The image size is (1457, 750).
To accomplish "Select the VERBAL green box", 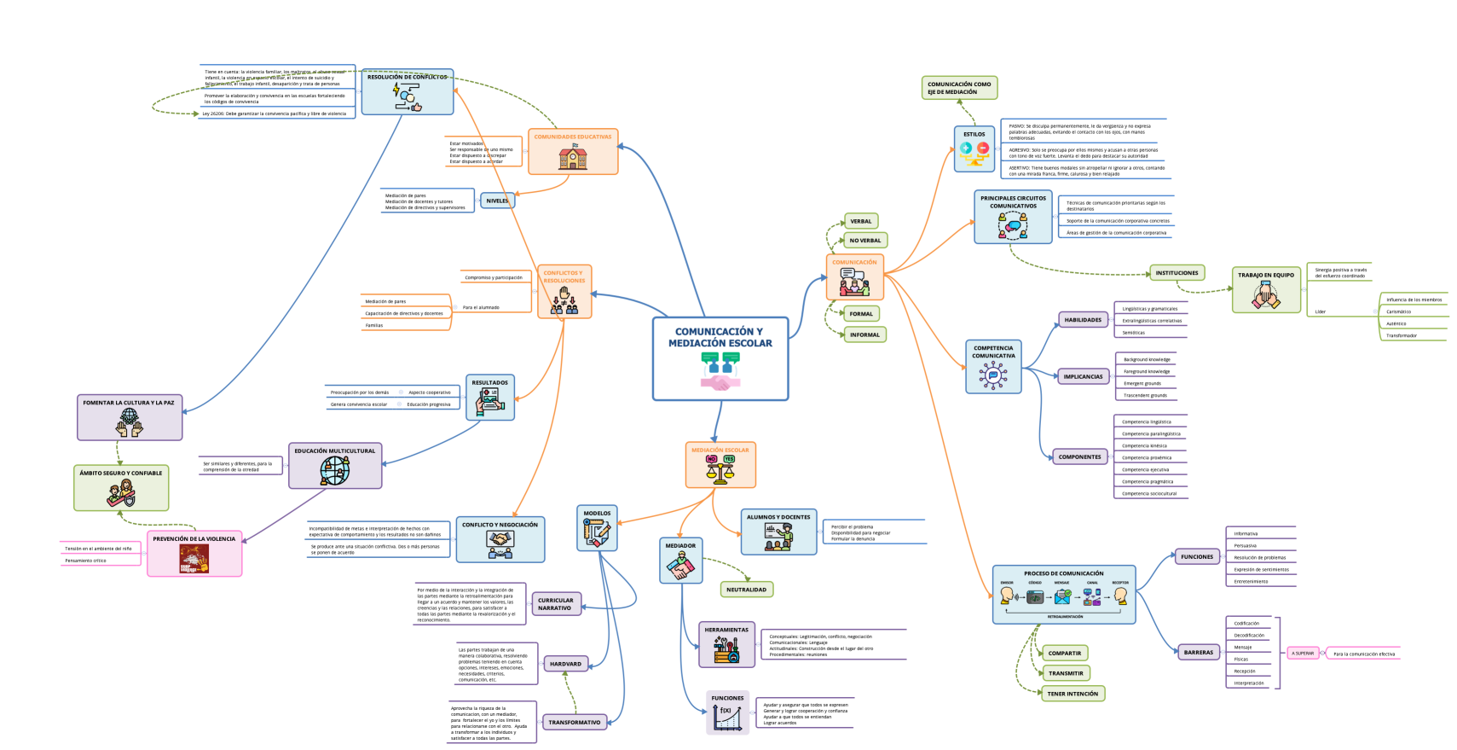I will tap(860, 221).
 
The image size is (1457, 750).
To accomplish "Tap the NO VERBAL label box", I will tap(864, 241).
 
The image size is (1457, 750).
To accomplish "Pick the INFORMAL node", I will tap(864, 334).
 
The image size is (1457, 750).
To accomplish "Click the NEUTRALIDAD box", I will tap(746, 590).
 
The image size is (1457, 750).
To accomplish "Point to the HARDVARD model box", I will tap(565, 664).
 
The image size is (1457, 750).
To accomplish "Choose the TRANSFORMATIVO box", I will tap(574, 723).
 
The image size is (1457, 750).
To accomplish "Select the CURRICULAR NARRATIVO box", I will tap(555, 604).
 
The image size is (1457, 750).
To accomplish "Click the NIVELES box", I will tap(497, 201).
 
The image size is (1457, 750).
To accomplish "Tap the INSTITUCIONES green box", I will tap(1177, 273).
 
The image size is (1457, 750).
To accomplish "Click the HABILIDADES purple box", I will tap(1083, 320).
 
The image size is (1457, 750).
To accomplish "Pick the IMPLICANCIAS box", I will tap(1083, 376).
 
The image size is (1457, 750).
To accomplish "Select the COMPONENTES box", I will tap(1079, 457).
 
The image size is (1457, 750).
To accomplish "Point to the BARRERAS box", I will tap(1198, 653).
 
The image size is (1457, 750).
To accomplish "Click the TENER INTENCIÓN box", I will tap(1073, 694).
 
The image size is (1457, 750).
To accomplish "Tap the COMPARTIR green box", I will tap(1064, 654).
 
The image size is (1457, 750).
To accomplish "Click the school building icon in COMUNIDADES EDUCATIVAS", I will tap(573, 158).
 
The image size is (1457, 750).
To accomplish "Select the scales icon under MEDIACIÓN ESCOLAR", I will tap(720, 469).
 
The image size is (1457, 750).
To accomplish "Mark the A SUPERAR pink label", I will tap(1303, 654).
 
